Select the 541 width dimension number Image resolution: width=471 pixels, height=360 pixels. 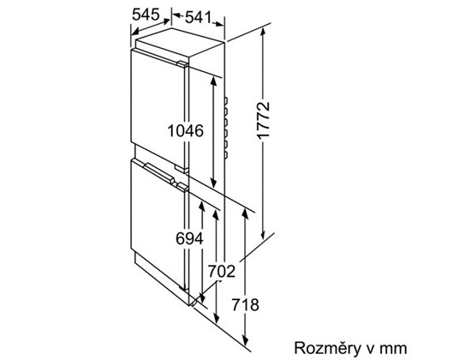(199, 17)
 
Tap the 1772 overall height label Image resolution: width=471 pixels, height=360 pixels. (264, 120)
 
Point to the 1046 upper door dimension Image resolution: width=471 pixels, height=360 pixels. (185, 131)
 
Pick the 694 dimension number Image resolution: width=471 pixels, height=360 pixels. (189, 239)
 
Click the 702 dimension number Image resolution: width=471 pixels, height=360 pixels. (222, 271)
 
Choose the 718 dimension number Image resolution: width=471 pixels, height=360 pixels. (245, 304)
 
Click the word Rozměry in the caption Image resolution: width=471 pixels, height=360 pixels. (327, 348)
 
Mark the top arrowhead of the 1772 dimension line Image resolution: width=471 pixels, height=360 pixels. (264, 31)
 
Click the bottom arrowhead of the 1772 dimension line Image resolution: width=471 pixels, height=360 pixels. (264, 235)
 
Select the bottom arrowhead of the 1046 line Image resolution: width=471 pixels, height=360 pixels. (213, 183)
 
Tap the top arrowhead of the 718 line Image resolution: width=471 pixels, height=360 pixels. (245, 213)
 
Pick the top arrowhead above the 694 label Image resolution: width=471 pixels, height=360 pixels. (202, 206)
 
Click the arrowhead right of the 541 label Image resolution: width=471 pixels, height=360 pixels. (219, 24)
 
